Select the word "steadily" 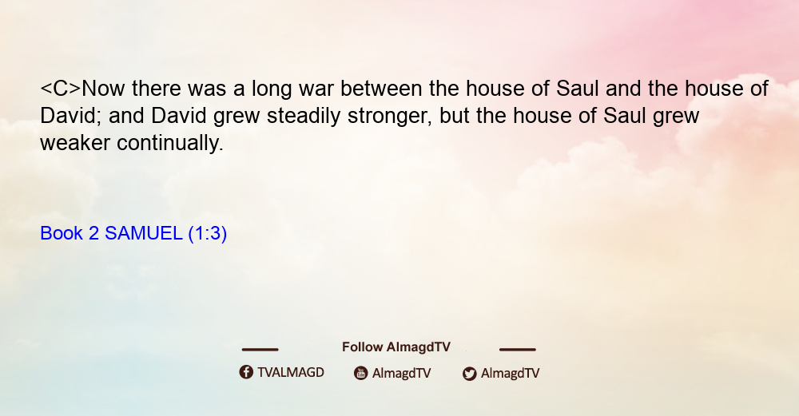[304, 116]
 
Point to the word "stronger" [390, 117]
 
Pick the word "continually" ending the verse [170, 143]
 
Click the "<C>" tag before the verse [61, 89]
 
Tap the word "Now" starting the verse [103, 89]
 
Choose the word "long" [272, 89]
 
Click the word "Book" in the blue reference [62, 233]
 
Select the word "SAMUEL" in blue [143, 233]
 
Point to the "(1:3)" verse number [208, 234]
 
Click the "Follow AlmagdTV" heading [396, 347]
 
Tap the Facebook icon [246, 372]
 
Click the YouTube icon [361, 373]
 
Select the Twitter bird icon [469, 374]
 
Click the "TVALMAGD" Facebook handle [291, 372]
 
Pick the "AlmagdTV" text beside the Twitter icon [510, 374]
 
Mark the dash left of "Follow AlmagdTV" [260, 349]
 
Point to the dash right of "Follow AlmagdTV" [518, 349]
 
